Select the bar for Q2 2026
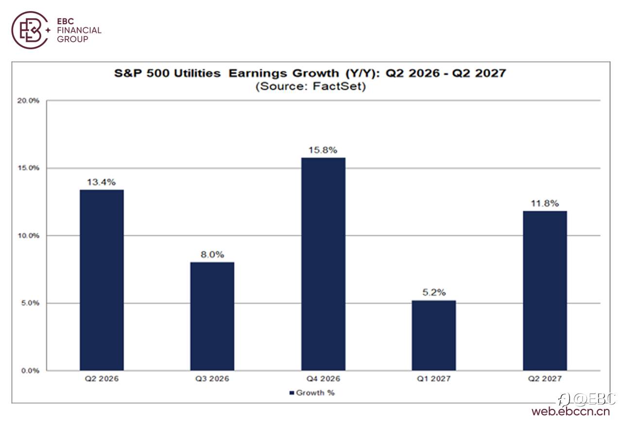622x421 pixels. tap(102, 280)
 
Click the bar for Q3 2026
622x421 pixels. tap(212, 317)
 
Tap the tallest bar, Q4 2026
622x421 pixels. tap(323, 264)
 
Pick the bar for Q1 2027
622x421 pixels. tap(434, 336)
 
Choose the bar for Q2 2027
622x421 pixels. tap(545, 291)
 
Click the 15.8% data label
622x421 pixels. tap(323, 150)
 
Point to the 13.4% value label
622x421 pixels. tap(102, 182)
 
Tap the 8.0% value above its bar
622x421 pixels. tap(212, 254)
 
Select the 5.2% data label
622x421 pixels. tap(434, 292)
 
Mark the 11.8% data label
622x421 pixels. tap(545, 203)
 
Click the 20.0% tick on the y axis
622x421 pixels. tap(28, 101)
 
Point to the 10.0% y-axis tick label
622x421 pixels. tap(28, 236)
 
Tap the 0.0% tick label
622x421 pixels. tap(30, 370)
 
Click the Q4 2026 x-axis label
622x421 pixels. tap(323, 379)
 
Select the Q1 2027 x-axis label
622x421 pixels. tap(434, 379)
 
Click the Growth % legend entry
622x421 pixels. tap(312, 393)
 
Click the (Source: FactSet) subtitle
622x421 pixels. tap(311, 86)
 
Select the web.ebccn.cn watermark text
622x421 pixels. tap(570, 411)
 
